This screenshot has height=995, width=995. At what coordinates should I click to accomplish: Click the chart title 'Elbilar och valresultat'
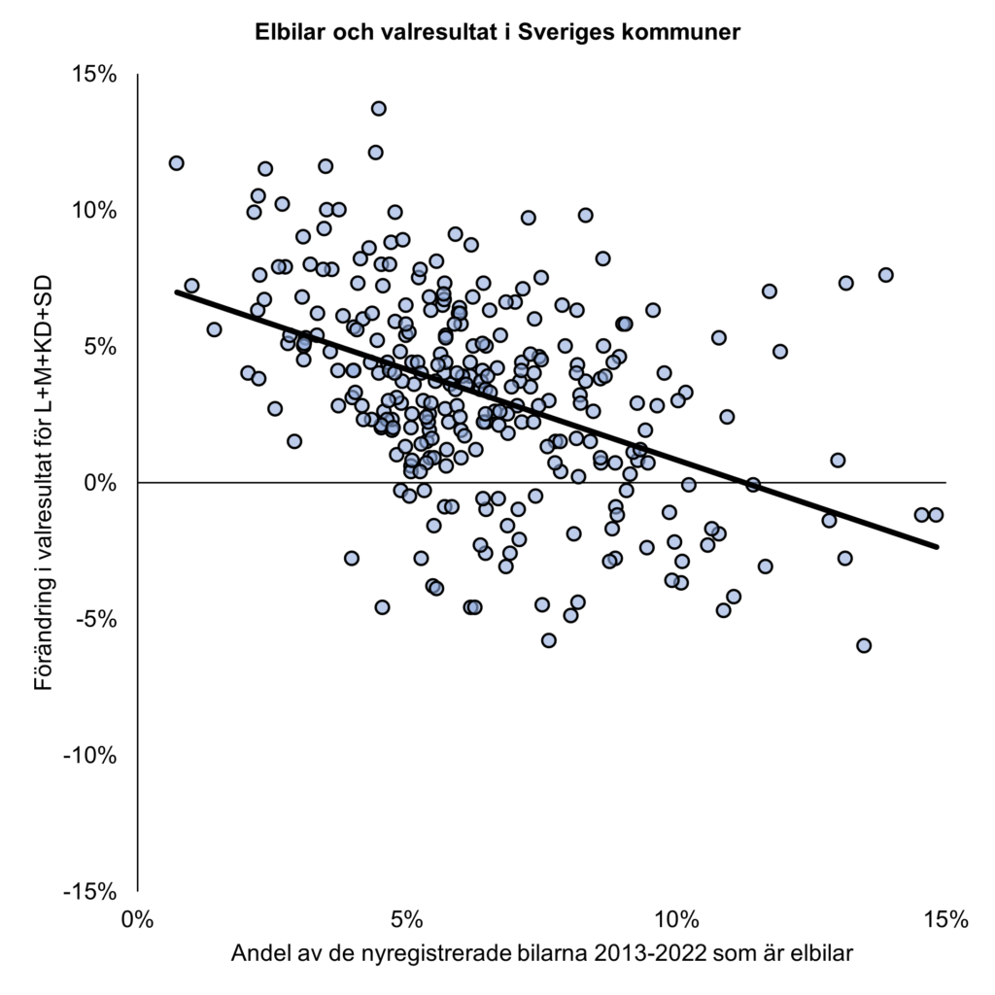coord(497,32)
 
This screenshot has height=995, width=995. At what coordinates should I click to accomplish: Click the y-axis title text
coord(43,482)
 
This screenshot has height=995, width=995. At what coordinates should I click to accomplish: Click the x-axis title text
coord(542,953)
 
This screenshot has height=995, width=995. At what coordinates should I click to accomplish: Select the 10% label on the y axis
coord(95,210)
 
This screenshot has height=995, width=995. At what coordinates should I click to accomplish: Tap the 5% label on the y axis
coord(101,346)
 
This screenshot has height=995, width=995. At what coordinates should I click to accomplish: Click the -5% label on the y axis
coord(98,619)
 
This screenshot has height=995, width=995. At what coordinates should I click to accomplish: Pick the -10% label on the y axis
coord(92,755)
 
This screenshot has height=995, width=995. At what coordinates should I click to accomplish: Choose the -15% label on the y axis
coord(92,891)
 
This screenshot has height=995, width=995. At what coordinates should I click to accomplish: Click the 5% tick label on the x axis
coord(407,918)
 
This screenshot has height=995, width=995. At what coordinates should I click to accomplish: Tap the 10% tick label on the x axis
coord(676,918)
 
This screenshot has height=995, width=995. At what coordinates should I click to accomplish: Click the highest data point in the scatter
coord(378,108)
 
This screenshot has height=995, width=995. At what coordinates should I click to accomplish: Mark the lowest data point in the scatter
coord(864,645)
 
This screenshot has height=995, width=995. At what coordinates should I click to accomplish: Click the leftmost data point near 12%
coord(176,162)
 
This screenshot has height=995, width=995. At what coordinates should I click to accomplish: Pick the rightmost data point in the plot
coord(936,515)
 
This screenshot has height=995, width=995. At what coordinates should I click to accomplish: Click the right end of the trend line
coord(937,547)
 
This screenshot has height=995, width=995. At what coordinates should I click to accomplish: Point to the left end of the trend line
coord(177,292)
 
